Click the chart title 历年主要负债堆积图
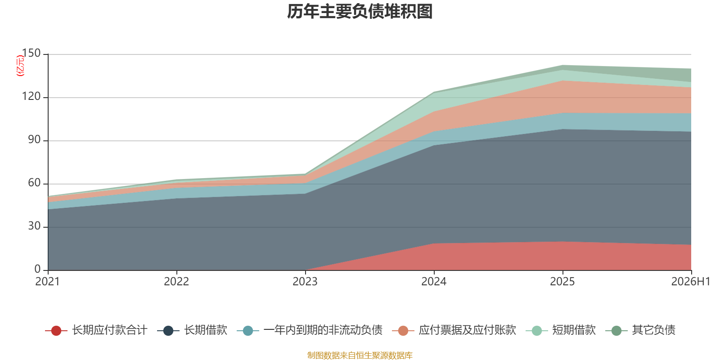[x=360, y=12]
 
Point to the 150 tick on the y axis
[x=31, y=54]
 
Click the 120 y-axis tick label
[x=31, y=96]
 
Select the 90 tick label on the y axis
[x=34, y=140]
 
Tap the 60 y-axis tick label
[x=34, y=183]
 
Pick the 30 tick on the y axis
[x=34, y=226]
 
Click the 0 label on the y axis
[x=38, y=270]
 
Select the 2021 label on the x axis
[x=48, y=282]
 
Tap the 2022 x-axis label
[x=176, y=282]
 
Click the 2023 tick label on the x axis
[x=305, y=282]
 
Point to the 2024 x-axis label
[x=434, y=282]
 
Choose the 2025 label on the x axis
[x=562, y=282]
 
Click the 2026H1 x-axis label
[x=691, y=282]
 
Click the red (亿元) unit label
[x=20, y=66]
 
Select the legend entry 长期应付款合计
[x=96, y=330]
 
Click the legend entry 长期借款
[x=192, y=330]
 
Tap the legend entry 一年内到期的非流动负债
[x=310, y=330]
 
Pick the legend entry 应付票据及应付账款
[x=454, y=330]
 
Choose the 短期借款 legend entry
[x=561, y=330]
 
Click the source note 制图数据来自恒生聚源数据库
[x=360, y=355]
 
